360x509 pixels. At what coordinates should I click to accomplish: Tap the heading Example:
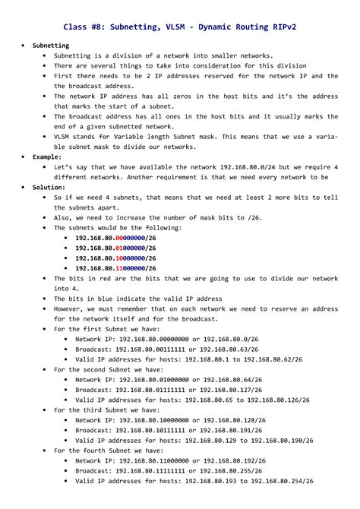pyautogui.click(x=47, y=156)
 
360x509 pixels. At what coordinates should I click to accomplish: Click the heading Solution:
pyautogui.click(x=49, y=187)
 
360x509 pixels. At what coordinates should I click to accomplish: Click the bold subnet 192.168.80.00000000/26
pyautogui.click(x=115, y=238)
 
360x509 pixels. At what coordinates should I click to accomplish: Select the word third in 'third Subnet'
pyautogui.click(x=106, y=409)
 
